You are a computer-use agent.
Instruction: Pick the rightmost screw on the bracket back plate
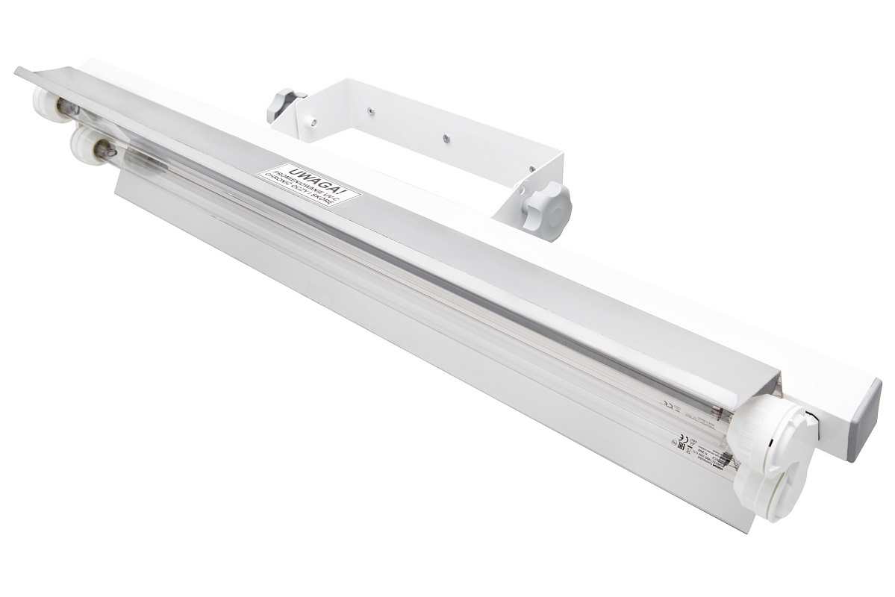coord(445,138)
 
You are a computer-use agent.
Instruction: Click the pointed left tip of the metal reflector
coord(18,71)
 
